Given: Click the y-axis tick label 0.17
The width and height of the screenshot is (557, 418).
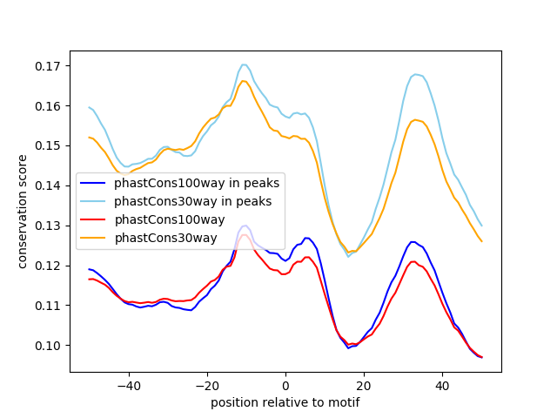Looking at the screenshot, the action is tap(47, 66).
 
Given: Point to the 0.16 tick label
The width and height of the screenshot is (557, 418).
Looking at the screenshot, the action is tap(47, 106).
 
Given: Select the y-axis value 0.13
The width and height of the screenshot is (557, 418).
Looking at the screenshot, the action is tap(47, 226).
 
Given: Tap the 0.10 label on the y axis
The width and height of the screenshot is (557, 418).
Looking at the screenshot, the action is tap(47, 346).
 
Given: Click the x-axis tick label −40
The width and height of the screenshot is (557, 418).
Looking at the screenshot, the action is tap(129, 386).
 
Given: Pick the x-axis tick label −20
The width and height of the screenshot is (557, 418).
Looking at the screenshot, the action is tap(207, 386).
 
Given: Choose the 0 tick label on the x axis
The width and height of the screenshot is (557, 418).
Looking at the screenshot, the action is tap(285, 386).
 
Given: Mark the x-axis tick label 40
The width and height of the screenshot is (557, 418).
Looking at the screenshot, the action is tap(443, 386).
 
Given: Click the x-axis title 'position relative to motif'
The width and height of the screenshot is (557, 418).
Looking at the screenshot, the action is tap(285, 402).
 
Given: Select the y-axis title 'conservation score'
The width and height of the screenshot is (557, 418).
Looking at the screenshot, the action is tap(22, 212).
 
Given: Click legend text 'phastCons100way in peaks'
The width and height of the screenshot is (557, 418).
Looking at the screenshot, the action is tap(197, 183).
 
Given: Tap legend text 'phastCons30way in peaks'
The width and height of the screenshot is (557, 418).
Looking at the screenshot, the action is tap(193, 201).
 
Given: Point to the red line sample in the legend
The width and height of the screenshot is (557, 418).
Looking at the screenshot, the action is tap(93, 219).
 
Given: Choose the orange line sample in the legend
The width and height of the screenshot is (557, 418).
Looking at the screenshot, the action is tap(93, 238).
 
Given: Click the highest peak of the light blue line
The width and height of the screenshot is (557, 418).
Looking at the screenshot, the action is tap(244, 64).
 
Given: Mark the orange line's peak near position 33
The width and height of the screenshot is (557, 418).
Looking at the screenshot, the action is tap(415, 120).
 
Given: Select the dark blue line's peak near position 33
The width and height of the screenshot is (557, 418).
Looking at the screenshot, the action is tap(413, 242).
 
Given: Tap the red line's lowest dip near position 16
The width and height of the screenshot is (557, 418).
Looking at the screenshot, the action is tap(349, 345).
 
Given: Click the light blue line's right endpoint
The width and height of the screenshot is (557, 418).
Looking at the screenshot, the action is tap(482, 226).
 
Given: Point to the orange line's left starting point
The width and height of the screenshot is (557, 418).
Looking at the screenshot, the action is tap(89, 138).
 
